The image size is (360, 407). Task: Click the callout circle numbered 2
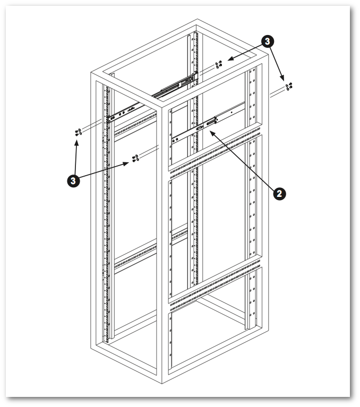click(x=279, y=193)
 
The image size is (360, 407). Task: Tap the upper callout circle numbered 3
click(x=269, y=41)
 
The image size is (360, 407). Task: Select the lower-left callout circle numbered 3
click(x=74, y=180)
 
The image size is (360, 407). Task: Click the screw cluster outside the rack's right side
click(x=289, y=85)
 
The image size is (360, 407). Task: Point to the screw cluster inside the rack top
click(x=218, y=65)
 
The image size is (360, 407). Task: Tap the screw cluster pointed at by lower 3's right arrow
click(x=135, y=158)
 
